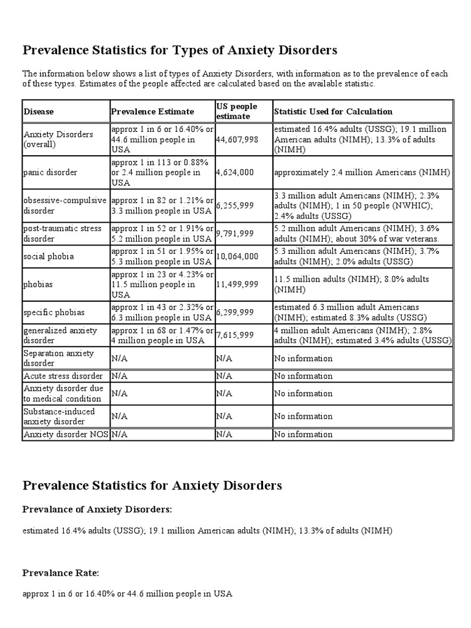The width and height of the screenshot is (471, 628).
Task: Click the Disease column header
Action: tap(39, 112)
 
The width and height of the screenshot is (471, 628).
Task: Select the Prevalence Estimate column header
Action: tap(153, 112)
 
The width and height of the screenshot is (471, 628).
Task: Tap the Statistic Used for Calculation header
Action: tap(333, 112)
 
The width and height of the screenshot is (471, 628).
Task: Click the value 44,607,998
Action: tap(237, 140)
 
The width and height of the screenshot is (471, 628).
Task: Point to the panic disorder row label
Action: tap(50, 172)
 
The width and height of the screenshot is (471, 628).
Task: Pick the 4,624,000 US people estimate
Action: tap(235, 172)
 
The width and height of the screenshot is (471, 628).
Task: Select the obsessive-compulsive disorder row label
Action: tap(64, 205)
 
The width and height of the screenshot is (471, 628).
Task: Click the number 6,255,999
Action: tap(237, 205)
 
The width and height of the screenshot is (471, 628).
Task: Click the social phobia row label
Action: tap(48, 256)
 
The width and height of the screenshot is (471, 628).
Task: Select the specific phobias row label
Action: tap(55, 312)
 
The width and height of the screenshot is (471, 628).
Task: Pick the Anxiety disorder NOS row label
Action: tap(66, 434)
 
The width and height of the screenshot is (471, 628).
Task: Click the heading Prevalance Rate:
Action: tap(61, 573)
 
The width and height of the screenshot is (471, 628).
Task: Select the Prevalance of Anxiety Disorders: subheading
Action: tap(98, 509)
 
